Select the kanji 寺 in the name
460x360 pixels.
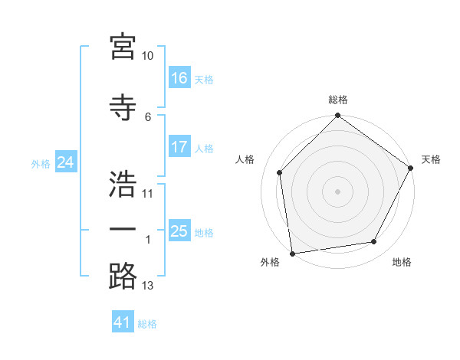pos(123,106)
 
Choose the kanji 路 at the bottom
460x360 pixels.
pos(123,276)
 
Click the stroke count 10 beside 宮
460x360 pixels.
pos(148,56)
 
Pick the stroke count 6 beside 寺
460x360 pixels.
pos(148,116)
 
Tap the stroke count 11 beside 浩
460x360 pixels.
pos(148,193)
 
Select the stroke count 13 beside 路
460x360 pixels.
pos(148,286)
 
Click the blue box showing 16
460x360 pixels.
pos(179,78)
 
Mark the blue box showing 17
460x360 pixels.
pos(179,147)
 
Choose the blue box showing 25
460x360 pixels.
pos(179,231)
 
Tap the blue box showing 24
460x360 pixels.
pos(65,162)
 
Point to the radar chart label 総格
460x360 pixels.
pos(337,100)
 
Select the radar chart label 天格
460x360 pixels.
pos(431,159)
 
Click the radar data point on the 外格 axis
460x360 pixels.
pos(292,253)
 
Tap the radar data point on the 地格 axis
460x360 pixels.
pos(374,242)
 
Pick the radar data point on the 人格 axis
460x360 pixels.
pos(280,172)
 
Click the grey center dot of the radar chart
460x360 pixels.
pos(337,191)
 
